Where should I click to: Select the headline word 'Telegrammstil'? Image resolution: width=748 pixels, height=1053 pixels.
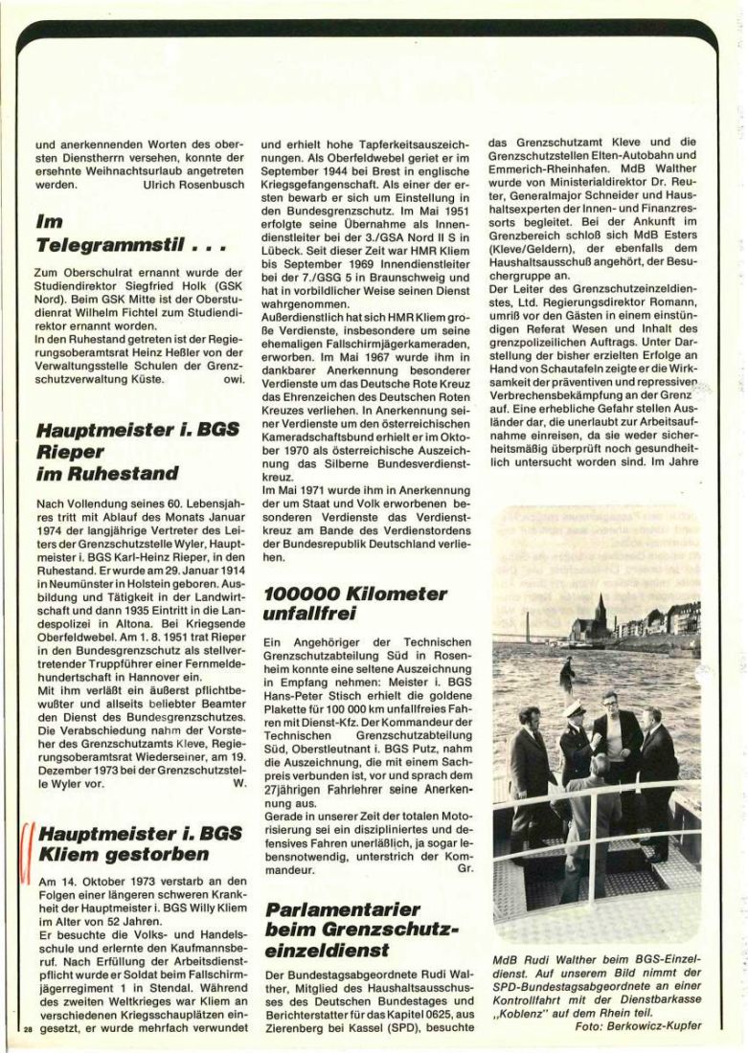click(115, 244)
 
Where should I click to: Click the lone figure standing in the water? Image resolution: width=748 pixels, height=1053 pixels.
click(567, 676)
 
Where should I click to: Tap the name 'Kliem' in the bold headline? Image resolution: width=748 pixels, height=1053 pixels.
click(71, 853)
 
